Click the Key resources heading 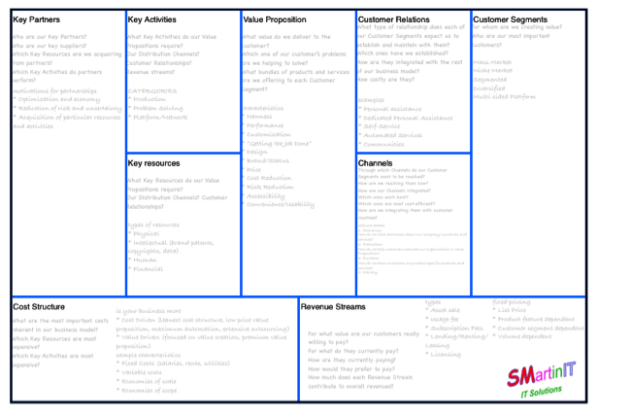[151, 162]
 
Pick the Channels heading [376, 162]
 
